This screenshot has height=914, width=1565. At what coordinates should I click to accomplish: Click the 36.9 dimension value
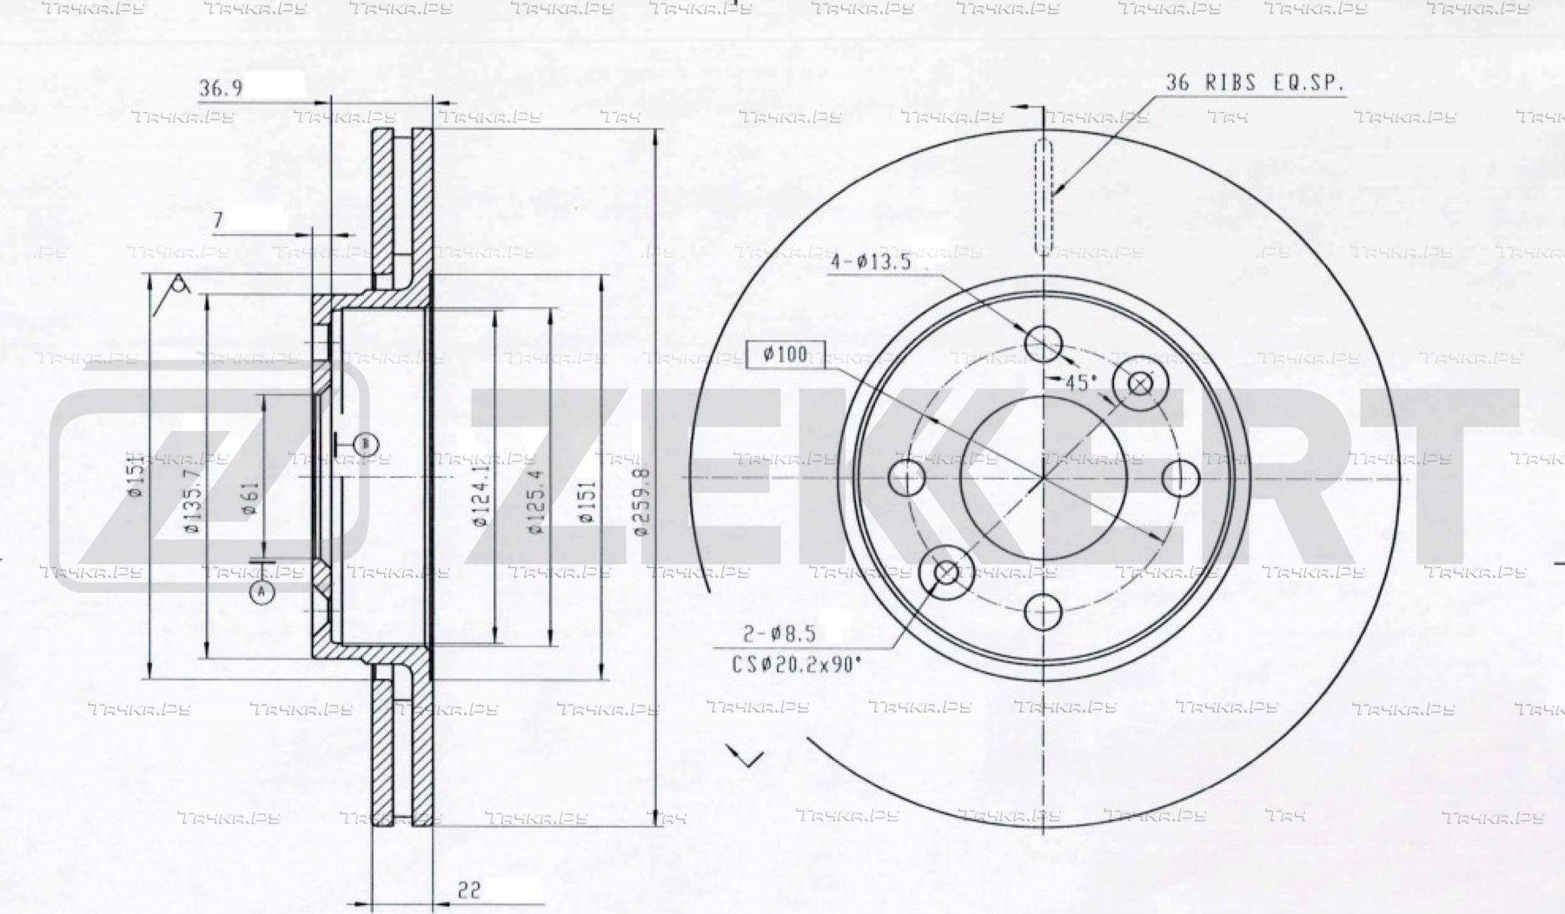pyautogui.click(x=221, y=89)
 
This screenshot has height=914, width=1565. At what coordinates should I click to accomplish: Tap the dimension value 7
pyautogui.click(x=217, y=221)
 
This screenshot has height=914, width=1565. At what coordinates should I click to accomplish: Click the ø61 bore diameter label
pyautogui.click(x=251, y=498)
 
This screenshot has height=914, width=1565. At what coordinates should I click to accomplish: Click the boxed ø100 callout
pyautogui.click(x=785, y=354)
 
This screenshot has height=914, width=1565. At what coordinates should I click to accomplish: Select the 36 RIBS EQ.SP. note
pyautogui.click(x=1254, y=83)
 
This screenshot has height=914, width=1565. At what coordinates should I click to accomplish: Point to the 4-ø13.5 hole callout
pyautogui.click(x=870, y=262)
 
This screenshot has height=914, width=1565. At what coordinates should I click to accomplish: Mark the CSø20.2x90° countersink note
pyautogui.click(x=796, y=665)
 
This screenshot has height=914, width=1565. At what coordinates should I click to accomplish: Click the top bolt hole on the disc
pyautogui.click(x=1043, y=342)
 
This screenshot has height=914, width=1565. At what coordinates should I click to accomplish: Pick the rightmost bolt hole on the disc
pyautogui.click(x=1180, y=478)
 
